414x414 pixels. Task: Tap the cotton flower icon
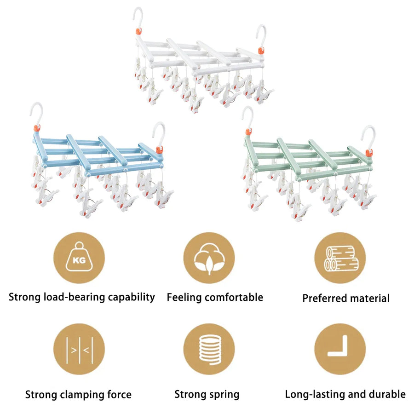[209, 258]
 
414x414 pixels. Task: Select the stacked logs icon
[341, 259]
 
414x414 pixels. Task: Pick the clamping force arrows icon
[80, 350]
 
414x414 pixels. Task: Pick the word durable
[387, 394]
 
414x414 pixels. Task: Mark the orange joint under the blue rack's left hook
[37, 128]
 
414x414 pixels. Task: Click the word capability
[132, 297]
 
